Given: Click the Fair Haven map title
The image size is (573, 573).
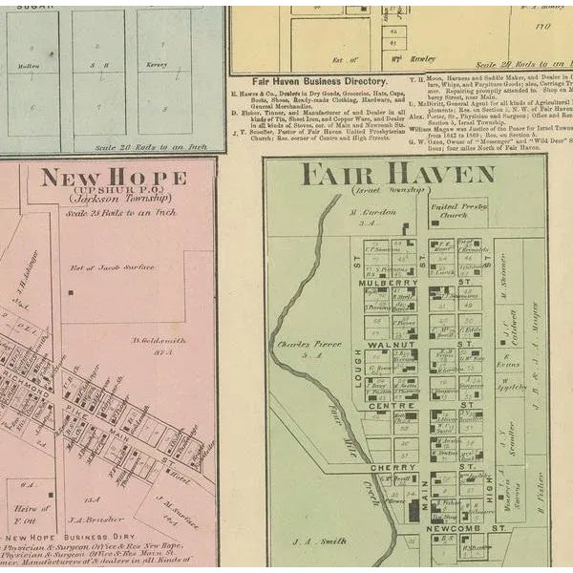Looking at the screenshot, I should [397, 175].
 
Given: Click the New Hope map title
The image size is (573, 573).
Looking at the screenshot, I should [114, 178].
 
